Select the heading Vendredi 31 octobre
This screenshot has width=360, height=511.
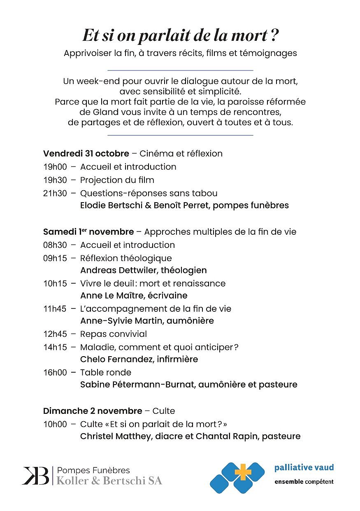click(86, 154)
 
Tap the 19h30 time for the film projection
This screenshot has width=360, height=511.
click(55, 180)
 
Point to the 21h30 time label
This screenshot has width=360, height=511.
click(55, 193)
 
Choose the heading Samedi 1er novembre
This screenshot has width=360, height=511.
click(88, 232)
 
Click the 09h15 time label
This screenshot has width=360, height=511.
click(55, 258)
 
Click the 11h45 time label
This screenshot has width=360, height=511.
click(55, 309)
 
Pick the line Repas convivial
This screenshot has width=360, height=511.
click(114, 334)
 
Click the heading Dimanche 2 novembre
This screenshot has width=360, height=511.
click(93, 411)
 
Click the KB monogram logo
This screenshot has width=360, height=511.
click(36, 476)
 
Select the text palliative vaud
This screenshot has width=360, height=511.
click(304, 467)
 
